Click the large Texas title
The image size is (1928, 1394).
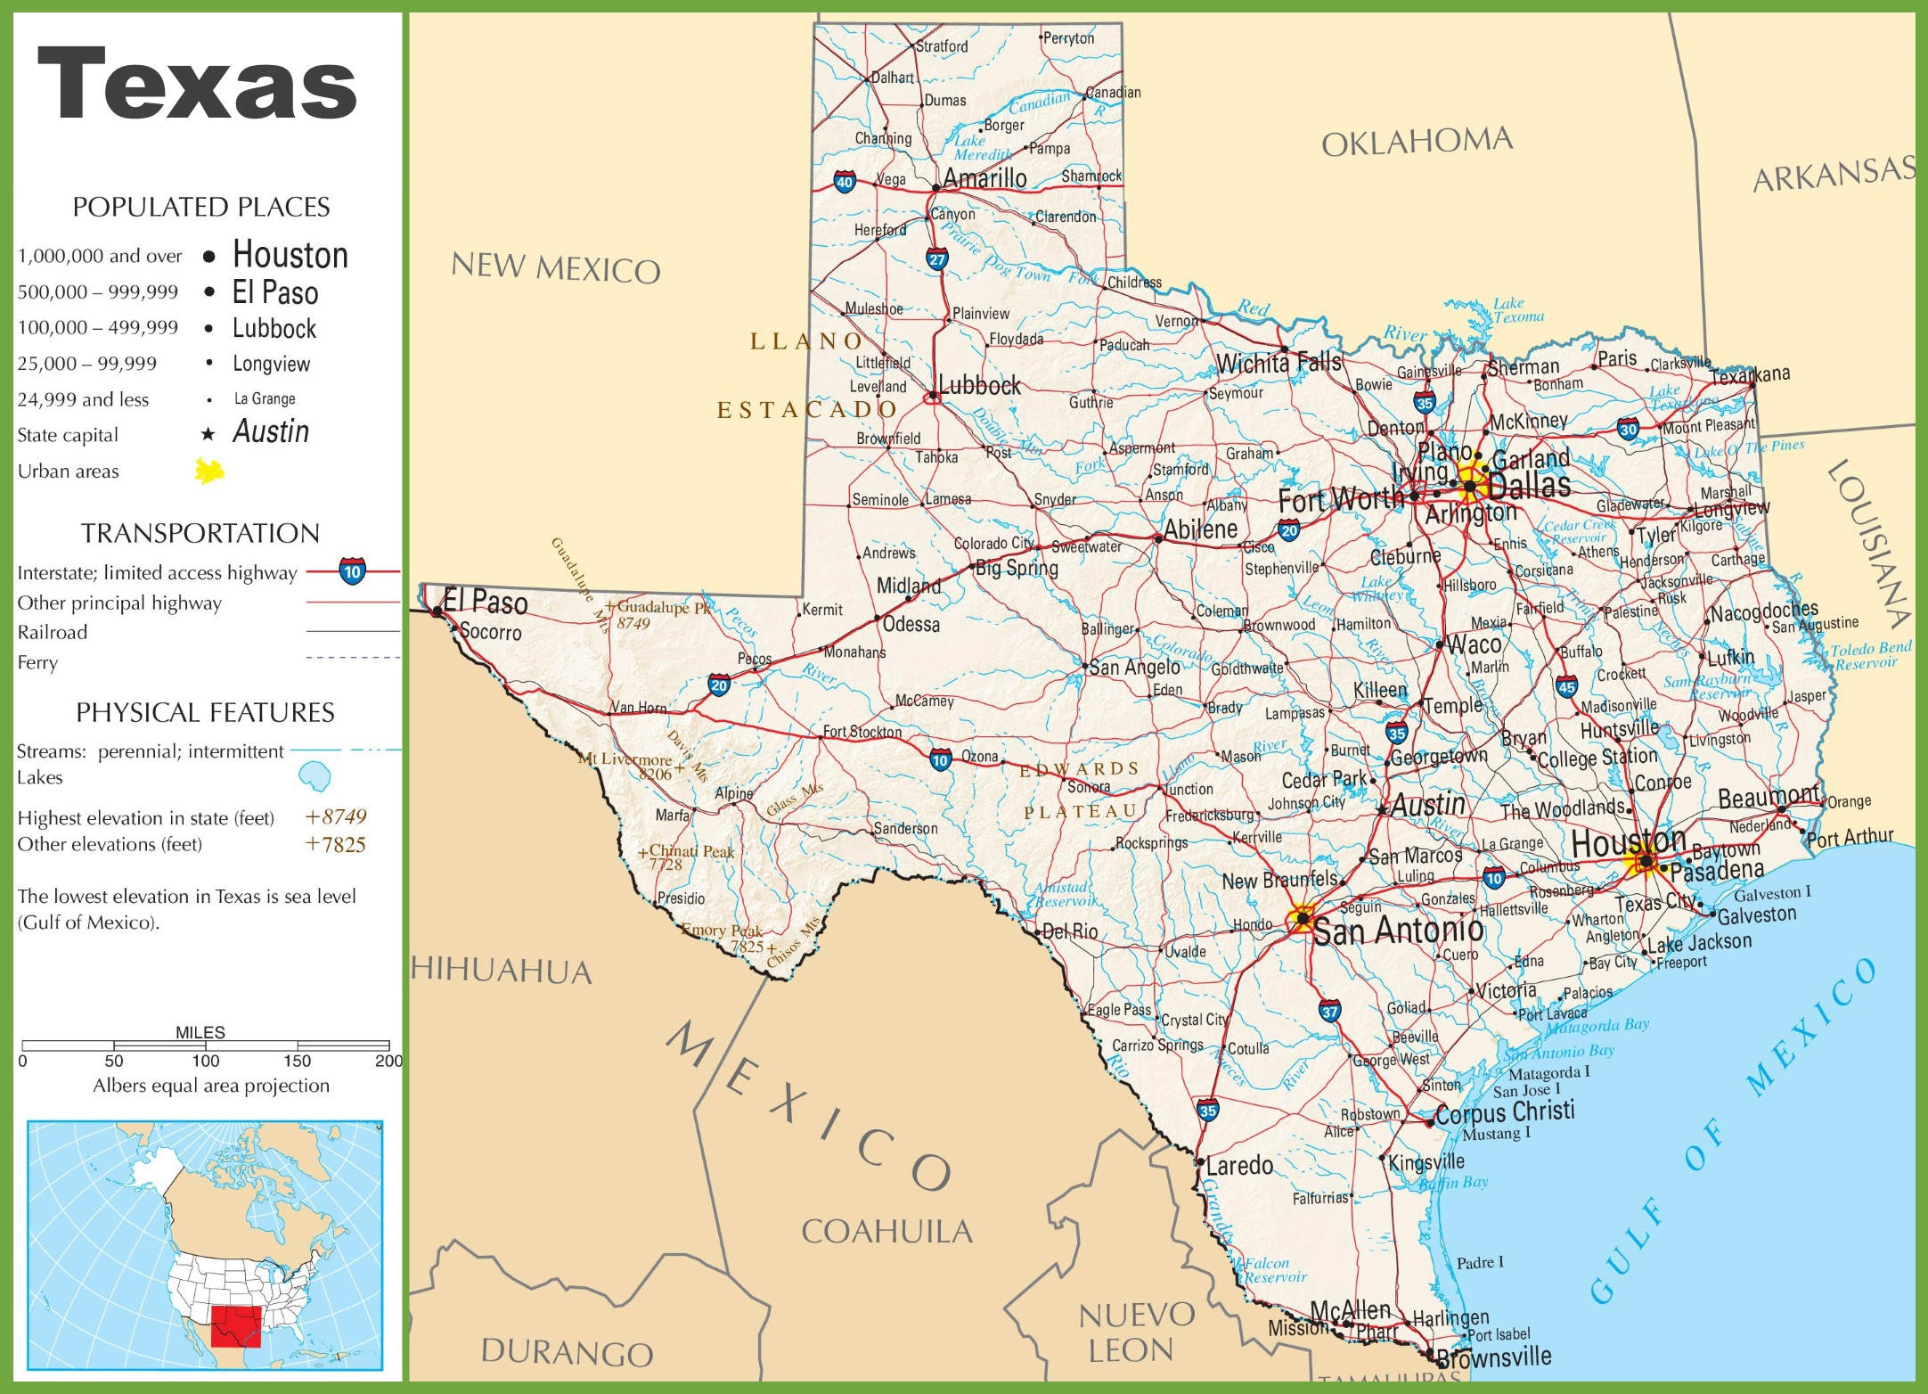pyautogui.click(x=197, y=84)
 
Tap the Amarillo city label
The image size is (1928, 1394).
pyautogui.click(x=984, y=178)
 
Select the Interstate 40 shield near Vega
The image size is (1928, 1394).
pyautogui.click(x=845, y=183)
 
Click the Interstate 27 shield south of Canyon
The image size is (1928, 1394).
pyautogui.click(x=936, y=259)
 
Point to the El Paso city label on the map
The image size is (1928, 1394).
pyautogui.click(x=486, y=603)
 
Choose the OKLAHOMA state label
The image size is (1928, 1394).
pyautogui.click(x=1417, y=142)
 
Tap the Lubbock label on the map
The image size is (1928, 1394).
pyautogui.click(x=980, y=386)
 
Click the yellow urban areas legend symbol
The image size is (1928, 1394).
pyautogui.click(x=209, y=471)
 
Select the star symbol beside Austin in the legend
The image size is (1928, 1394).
pyautogui.click(x=208, y=434)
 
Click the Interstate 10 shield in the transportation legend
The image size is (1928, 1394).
pyautogui.click(x=353, y=572)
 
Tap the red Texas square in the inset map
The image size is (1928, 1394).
pyautogui.click(x=236, y=1326)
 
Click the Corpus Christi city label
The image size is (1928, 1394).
pyautogui.click(x=1505, y=1112)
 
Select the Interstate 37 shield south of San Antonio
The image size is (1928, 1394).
pyautogui.click(x=1330, y=1011)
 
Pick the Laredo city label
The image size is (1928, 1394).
pyautogui.click(x=1239, y=1166)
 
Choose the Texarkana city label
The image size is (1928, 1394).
pyautogui.click(x=1750, y=374)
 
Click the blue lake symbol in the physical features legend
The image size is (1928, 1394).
pyautogui.click(x=314, y=776)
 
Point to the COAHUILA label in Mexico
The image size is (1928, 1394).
pyautogui.click(x=886, y=1232)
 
